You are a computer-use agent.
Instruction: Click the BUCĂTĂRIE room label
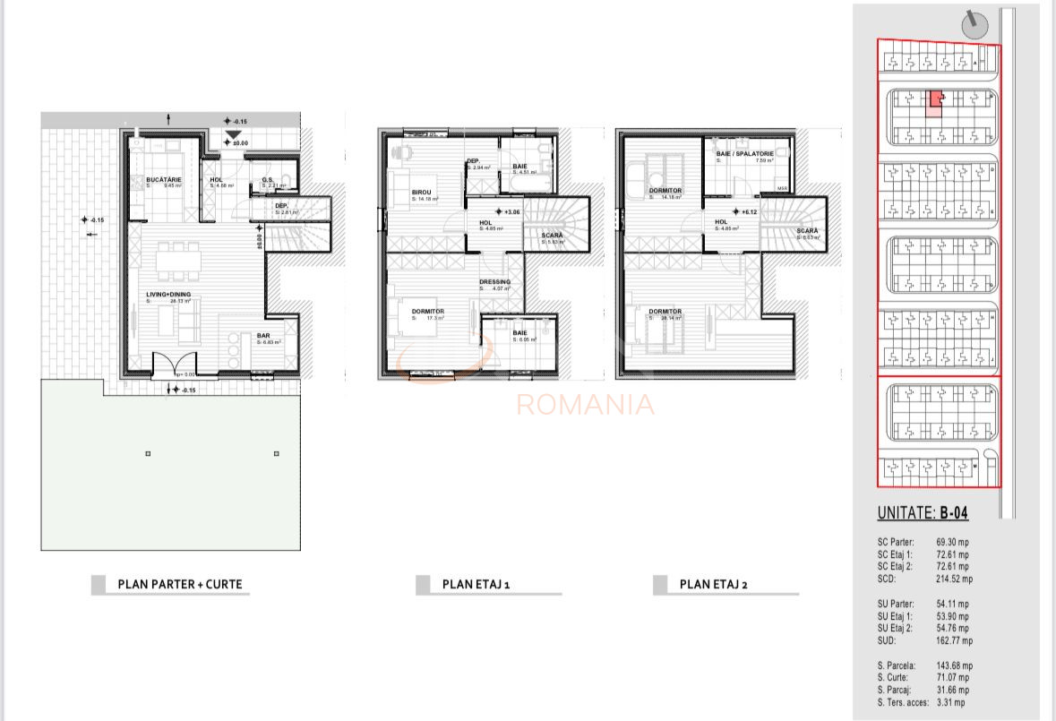coord(164,180)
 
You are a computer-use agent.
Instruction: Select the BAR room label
coord(264,336)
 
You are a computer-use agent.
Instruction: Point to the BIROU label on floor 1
coord(421,193)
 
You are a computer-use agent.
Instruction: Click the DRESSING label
coord(494,282)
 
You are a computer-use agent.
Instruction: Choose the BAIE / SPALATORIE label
coord(743,154)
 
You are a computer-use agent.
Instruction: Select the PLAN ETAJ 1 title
coord(476,585)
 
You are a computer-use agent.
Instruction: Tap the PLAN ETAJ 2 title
coord(713,585)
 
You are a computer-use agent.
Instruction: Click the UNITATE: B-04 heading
coord(923,514)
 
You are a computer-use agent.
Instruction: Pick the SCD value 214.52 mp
coord(955,579)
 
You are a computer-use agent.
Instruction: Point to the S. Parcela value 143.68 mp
coord(955,665)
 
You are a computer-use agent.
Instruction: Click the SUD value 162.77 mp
coord(955,640)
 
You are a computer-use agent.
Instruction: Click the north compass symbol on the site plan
coord(974,21)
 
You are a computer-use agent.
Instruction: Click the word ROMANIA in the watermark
coord(585,405)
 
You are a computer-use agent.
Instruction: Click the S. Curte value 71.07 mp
coord(952,678)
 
